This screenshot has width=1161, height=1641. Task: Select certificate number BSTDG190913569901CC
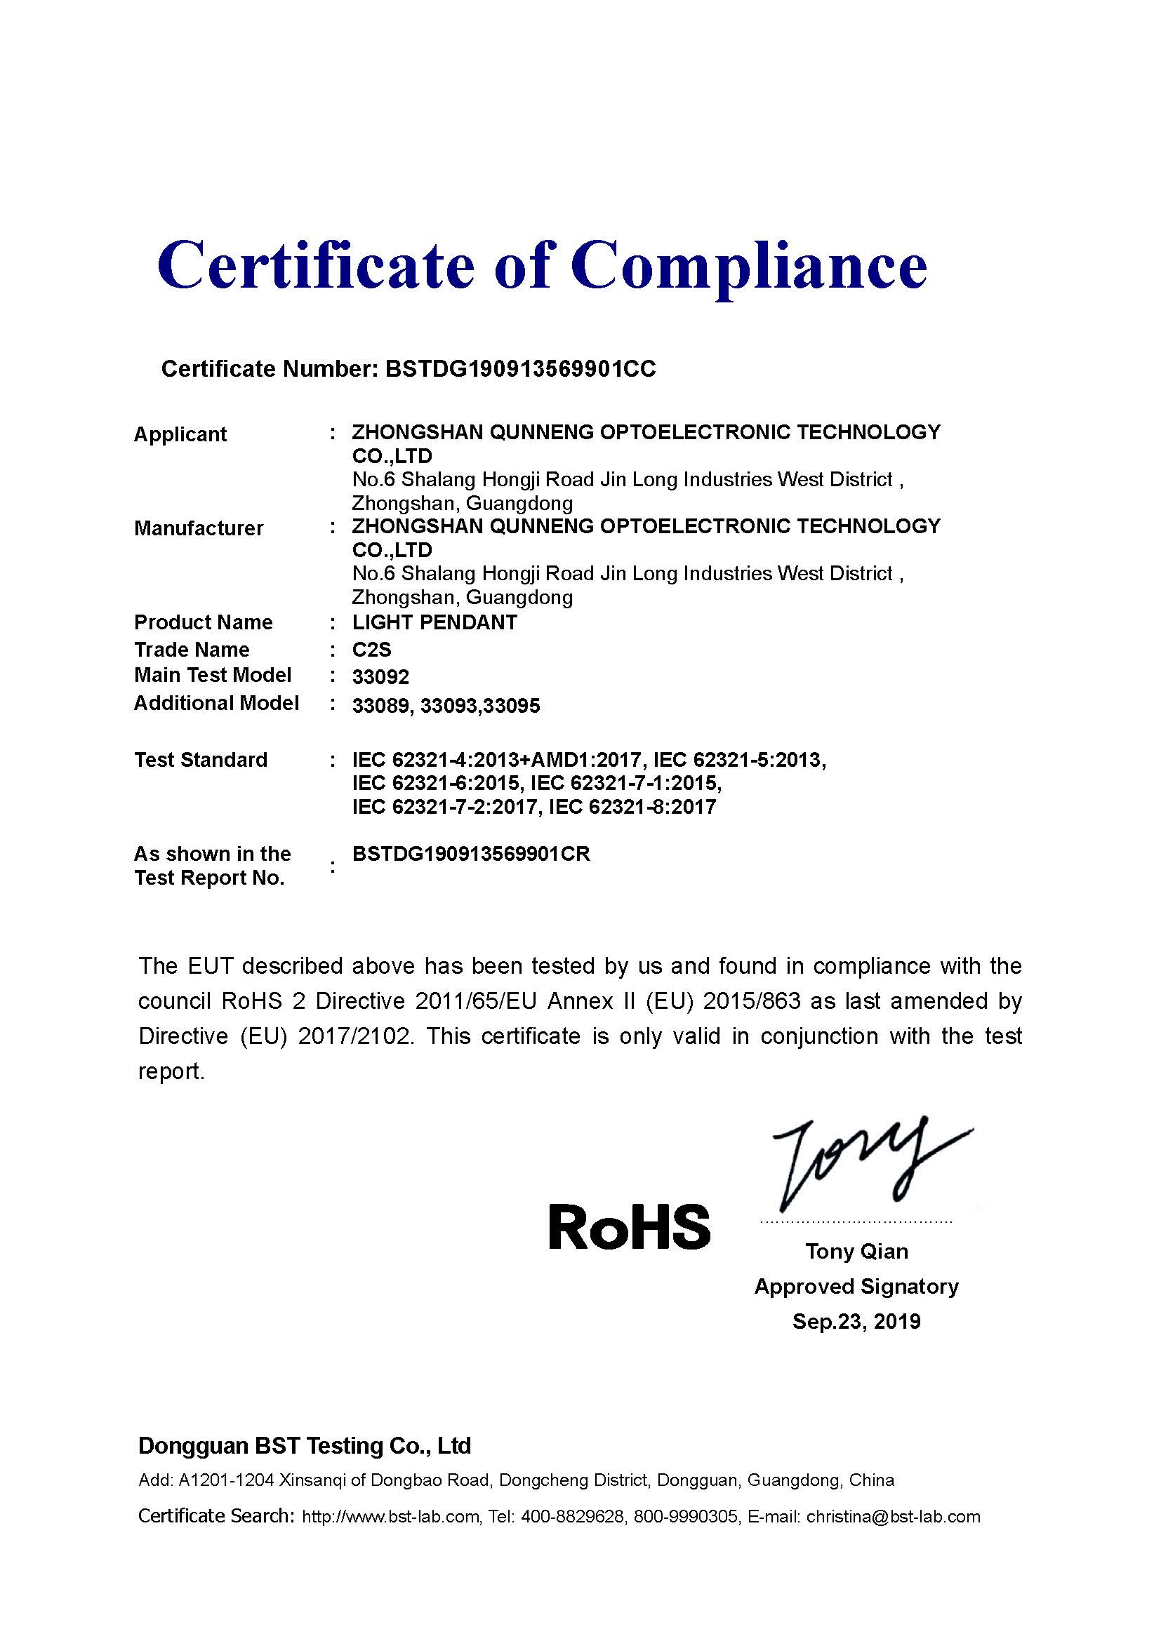[x=519, y=369]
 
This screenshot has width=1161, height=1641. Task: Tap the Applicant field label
[x=180, y=434]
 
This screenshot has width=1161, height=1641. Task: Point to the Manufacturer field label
[x=199, y=528]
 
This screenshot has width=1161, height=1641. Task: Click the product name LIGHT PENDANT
[x=434, y=622]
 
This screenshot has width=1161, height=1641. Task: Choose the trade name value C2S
[x=372, y=650]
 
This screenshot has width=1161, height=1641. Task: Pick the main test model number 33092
[x=380, y=677]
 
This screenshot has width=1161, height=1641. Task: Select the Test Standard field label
[x=201, y=760]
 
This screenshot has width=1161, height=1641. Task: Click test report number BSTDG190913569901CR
[x=471, y=854]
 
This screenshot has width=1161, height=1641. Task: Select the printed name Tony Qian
[x=856, y=1252]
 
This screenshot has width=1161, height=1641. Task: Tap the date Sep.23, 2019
[x=856, y=1322]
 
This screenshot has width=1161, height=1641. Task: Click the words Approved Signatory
[x=856, y=1287]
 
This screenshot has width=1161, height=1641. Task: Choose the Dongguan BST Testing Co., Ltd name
[x=305, y=1446]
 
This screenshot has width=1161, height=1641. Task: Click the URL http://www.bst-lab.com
[x=391, y=1517]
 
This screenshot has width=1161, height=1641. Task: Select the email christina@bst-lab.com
[x=893, y=1517]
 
